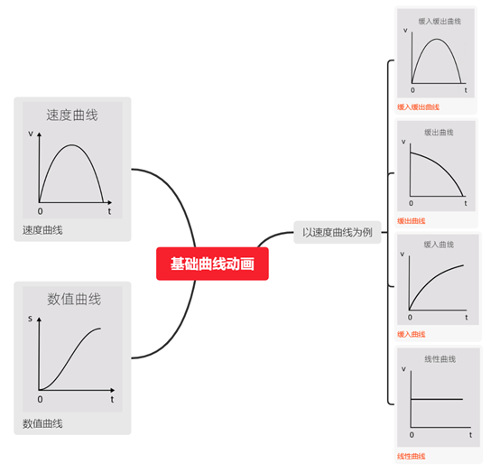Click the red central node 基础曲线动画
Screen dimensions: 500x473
(x=212, y=264)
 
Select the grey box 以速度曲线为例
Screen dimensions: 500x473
(x=338, y=232)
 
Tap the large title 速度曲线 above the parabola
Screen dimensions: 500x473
(x=72, y=116)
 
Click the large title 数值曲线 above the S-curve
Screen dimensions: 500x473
(x=74, y=299)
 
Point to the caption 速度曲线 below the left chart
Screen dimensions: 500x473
(x=42, y=230)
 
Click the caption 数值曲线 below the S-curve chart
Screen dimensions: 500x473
(x=42, y=423)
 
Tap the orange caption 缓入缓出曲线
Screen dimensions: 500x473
(x=418, y=107)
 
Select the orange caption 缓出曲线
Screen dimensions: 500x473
(x=411, y=221)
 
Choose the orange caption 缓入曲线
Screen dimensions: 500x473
(x=411, y=334)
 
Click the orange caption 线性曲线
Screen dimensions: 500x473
(x=411, y=457)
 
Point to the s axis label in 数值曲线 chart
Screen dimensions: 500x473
(x=31, y=319)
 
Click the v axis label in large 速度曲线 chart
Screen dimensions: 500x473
(x=31, y=134)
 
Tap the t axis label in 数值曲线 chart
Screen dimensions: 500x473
(x=112, y=399)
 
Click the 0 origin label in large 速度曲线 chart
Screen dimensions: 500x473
(x=41, y=211)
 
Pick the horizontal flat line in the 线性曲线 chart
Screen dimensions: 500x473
(x=437, y=399)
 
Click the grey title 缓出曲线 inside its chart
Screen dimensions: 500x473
(x=439, y=133)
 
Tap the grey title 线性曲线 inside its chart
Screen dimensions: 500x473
(x=440, y=359)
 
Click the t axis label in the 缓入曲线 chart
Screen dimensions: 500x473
(x=467, y=318)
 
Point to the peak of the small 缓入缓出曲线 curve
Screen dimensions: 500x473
(x=437, y=39)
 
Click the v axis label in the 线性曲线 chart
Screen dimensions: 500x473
(x=403, y=369)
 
